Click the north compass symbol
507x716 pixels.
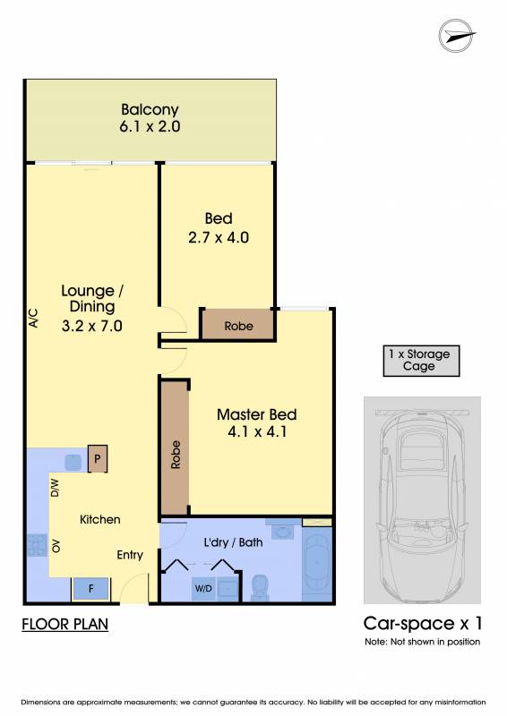[x=457, y=36]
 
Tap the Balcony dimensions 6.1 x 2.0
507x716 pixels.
[x=150, y=126]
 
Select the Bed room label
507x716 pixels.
[x=219, y=218]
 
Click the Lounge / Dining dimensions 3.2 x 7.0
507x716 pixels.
[x=92, y=326]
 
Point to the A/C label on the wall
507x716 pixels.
[x=33, y=319]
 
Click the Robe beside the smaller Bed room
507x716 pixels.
[x=238, y=326]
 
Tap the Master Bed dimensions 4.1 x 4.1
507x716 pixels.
[x=257, y=431]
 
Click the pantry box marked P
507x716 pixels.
[x=98, y=458]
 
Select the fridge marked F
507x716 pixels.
[x=91, y=589]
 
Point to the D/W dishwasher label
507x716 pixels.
[x=55, y=487]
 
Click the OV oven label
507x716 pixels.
[x=56, y=546]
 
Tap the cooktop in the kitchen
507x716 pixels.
[x=37, y=545]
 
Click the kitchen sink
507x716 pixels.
[x=73, y=463]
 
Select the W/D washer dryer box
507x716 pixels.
[x=203, y=589]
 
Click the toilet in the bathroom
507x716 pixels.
[x=260, y=587]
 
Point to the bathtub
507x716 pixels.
[x=317, y=566]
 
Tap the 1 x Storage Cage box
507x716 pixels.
[x=421, y=361]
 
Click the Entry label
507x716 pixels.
[x=130, y=555]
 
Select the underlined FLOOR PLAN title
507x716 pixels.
[x=64, y=624]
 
